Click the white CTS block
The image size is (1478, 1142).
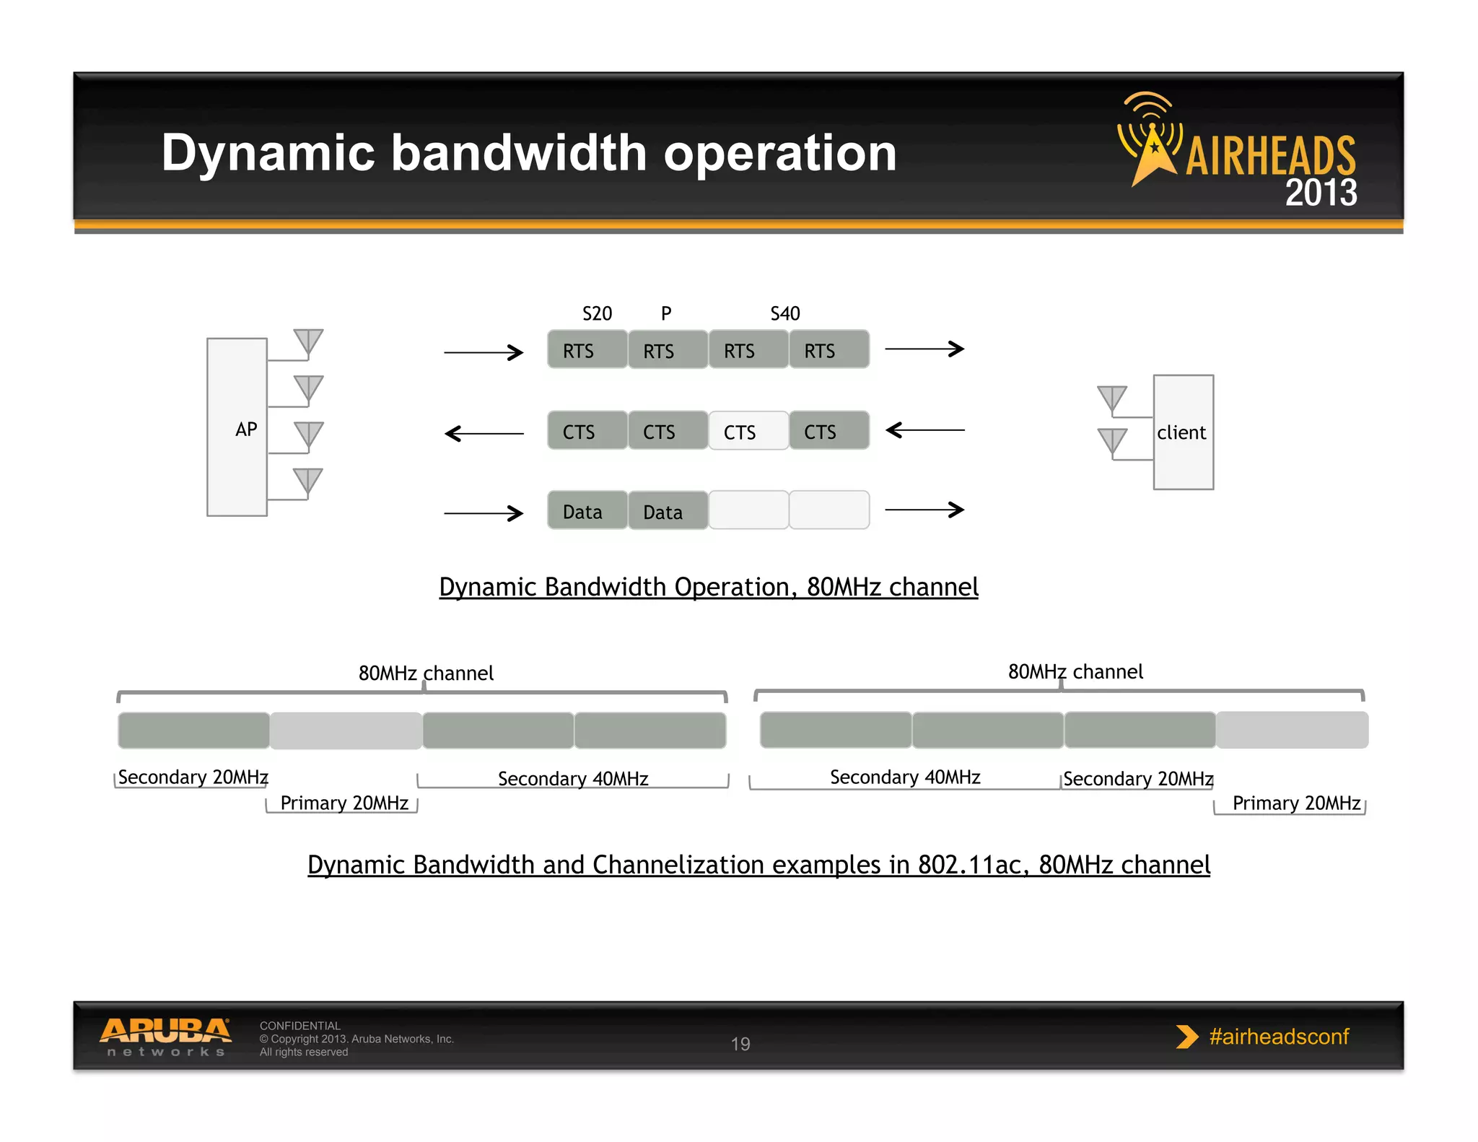coord(748,431)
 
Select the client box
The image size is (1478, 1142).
coord(1183,432)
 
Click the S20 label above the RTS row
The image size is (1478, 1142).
coord(597,313)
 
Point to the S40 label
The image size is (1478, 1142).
coord(785,313)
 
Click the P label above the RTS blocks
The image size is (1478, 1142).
coord(666,313)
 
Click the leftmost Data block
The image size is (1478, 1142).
coord(587,511)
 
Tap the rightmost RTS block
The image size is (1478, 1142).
coord(828,350)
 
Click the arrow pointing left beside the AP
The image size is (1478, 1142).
coord(484,433)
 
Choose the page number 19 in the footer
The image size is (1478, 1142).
coord(740,1044)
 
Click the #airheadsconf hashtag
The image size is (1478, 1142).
coord(1278,1037)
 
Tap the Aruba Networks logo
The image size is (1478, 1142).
coord(165,1037)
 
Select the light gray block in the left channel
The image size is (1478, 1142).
coord(346,731)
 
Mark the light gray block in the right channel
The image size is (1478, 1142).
coord(1292,730)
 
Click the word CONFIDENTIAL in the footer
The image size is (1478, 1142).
coord(299,1026)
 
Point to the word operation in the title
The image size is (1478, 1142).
coord(779,153)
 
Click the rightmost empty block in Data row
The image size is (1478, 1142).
coord(828,510)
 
